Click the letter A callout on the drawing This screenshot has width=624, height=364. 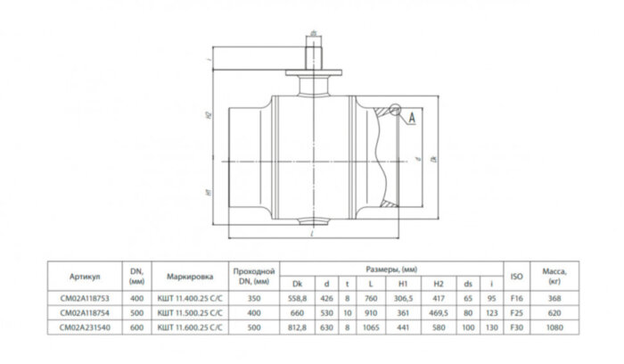coord(412,117)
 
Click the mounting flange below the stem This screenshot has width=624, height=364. coord(313,71)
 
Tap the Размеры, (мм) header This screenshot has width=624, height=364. coord(391,266)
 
